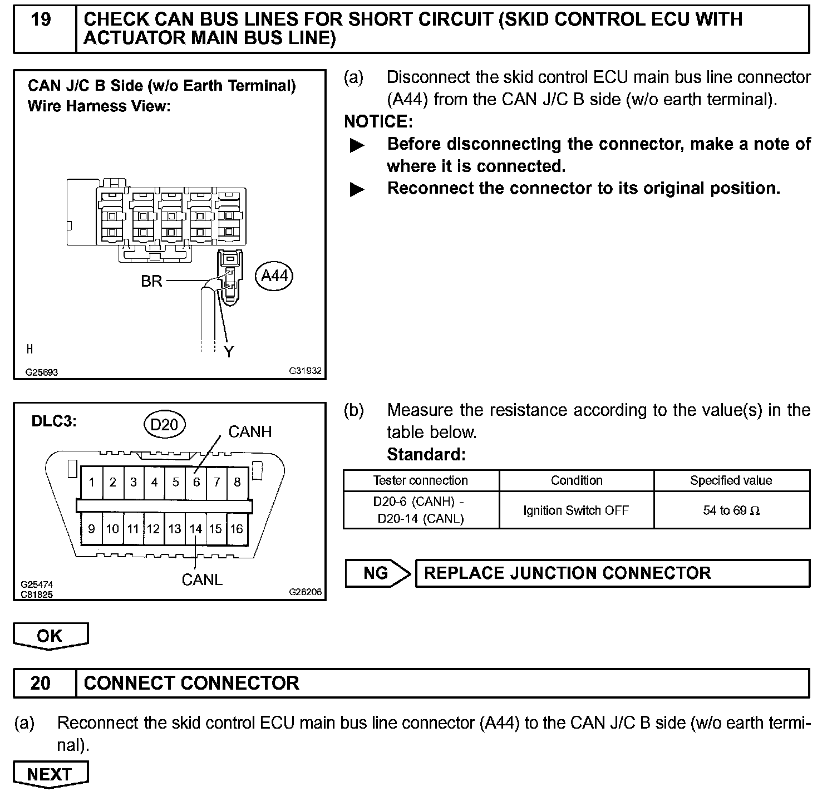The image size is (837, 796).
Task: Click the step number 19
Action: coord(41,20)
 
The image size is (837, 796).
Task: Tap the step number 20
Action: coord(41,683)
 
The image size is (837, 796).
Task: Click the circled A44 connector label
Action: coord(274,276)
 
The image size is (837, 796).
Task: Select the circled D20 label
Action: coord(164,425)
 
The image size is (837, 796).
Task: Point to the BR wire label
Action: coord(151,281)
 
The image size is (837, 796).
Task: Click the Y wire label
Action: coord(229,352)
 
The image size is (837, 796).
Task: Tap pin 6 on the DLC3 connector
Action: coord(196,482)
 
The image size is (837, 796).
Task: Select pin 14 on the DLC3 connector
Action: coord(195,529)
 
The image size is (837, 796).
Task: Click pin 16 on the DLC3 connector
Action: coord(237,529)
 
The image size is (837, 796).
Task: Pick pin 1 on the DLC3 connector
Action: coord(92,482)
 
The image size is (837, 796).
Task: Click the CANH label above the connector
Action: coord(250,431)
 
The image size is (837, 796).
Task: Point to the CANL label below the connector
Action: coord(202,580)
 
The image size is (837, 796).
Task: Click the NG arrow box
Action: coord(376,573)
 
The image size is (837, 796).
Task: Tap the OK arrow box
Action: coord(50,636)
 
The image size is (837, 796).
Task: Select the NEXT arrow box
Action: coord(50,774)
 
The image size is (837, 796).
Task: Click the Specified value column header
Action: coord(731,481)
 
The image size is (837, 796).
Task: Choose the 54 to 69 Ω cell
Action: coord(731,510)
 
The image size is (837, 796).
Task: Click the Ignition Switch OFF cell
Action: coord(576,510)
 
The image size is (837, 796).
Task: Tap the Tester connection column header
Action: coord(420,481)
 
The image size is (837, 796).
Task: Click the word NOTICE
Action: coord(378,121)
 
